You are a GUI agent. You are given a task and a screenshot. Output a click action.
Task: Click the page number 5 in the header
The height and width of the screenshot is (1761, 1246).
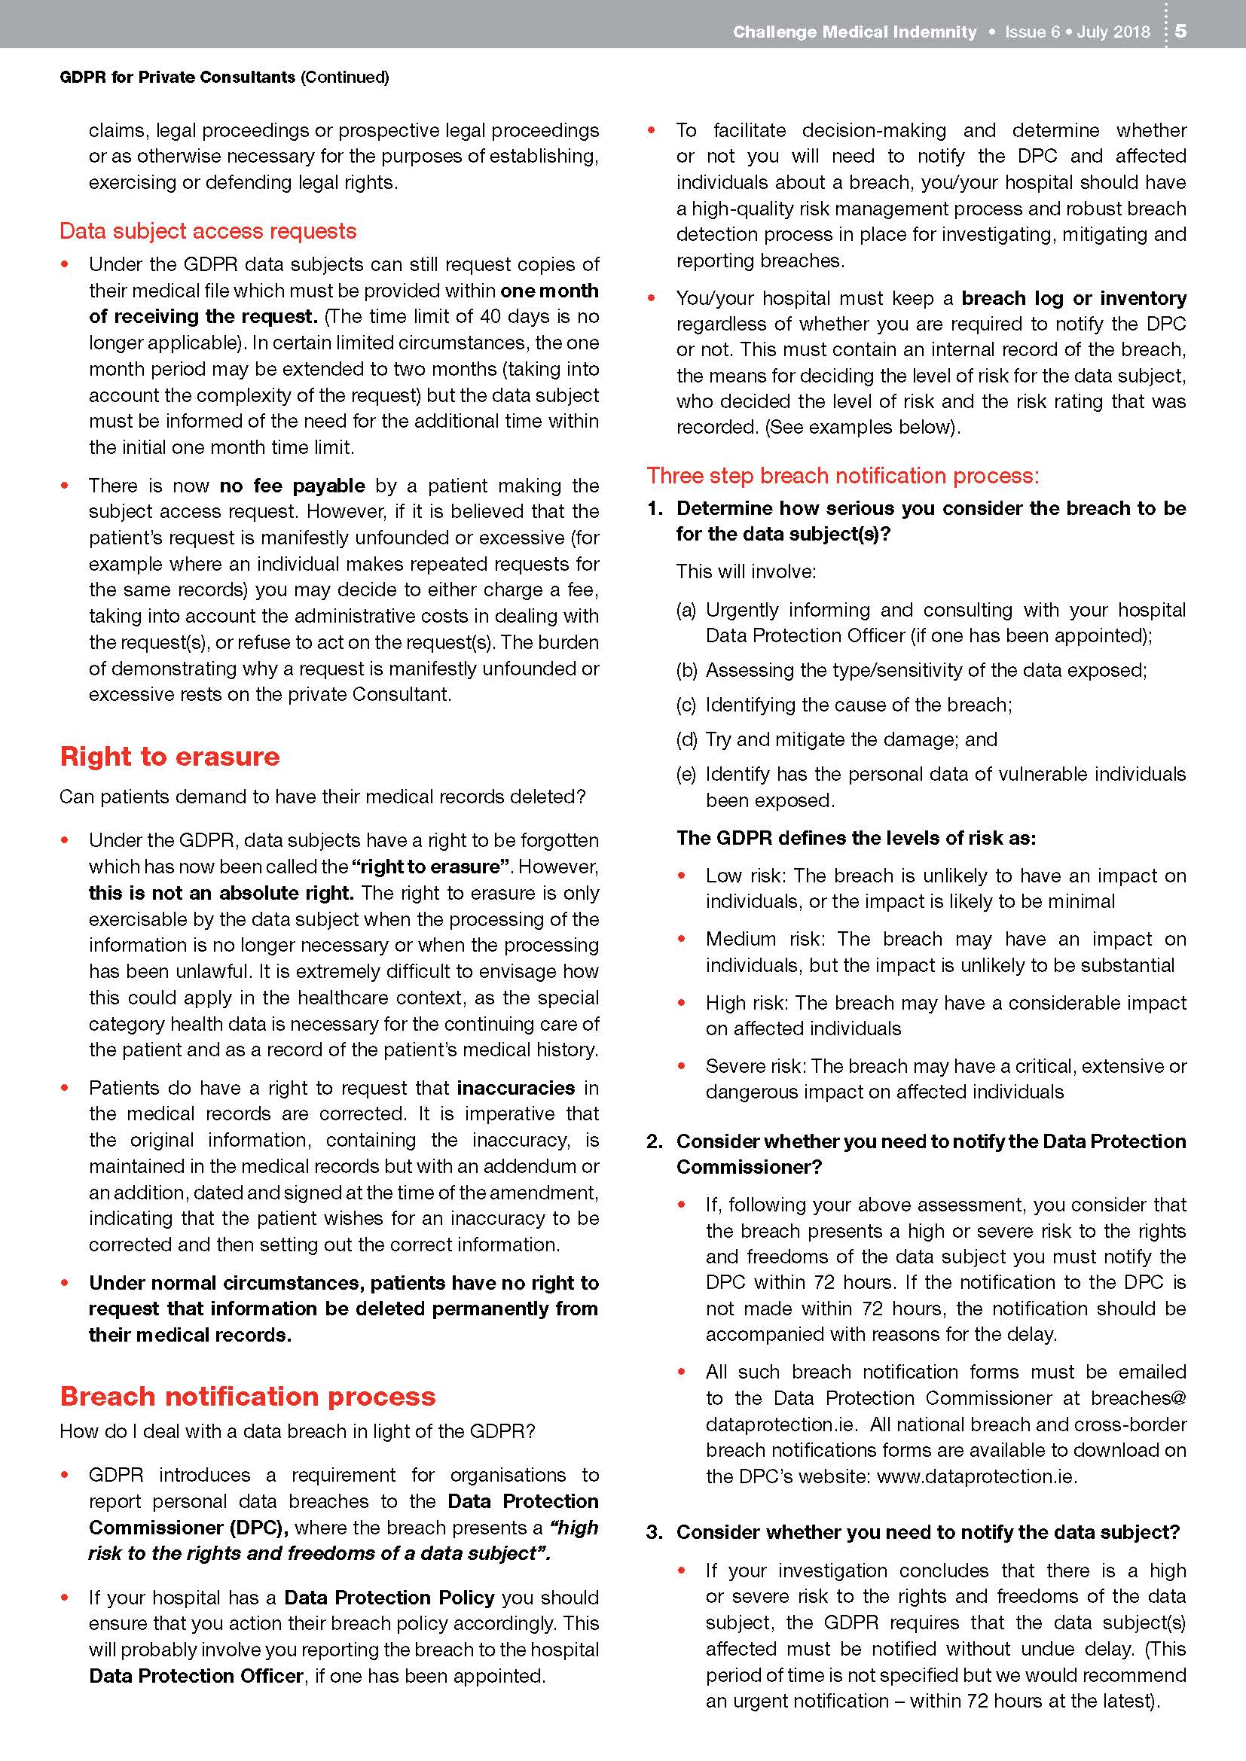point(1180,31)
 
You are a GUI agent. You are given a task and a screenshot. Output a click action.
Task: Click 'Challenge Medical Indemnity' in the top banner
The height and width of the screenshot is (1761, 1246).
point(854,32)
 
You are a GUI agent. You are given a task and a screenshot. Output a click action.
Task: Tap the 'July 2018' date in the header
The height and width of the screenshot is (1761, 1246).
point(1113,32)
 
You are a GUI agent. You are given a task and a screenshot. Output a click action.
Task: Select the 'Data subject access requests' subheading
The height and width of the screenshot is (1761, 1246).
point(208,231)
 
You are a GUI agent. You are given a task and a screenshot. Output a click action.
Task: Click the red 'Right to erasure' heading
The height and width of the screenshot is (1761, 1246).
point(169,756)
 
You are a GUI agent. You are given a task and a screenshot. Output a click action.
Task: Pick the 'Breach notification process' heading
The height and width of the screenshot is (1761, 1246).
point(248,1396)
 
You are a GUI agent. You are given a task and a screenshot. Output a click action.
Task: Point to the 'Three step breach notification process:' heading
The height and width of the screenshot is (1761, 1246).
point(842,476)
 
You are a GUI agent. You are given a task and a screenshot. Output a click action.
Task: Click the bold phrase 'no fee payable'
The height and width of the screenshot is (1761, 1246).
point(292,486)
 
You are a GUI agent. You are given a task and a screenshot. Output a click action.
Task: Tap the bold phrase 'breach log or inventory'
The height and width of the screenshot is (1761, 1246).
point(1073,297)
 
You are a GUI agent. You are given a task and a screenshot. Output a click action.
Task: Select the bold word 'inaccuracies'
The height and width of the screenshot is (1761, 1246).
point(515,1088)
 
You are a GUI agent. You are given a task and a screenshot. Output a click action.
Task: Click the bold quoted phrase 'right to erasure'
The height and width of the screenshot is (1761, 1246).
point(431,867)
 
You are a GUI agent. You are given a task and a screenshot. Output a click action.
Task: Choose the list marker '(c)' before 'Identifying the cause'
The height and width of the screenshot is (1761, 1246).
point(687,705)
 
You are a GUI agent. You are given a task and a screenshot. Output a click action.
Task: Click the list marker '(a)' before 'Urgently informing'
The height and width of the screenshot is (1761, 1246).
point(687,610)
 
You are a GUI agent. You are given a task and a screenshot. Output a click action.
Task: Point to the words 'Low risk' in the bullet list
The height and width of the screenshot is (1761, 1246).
point(745,876)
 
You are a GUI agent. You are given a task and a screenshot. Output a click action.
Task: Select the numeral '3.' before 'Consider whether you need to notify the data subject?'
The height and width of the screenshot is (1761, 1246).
point(655,1532)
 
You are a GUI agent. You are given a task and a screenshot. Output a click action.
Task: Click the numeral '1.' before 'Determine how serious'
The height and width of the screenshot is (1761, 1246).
point(655,508)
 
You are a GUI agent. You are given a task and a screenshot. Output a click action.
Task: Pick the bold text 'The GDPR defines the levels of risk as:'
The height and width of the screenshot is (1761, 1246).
point(856,837)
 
